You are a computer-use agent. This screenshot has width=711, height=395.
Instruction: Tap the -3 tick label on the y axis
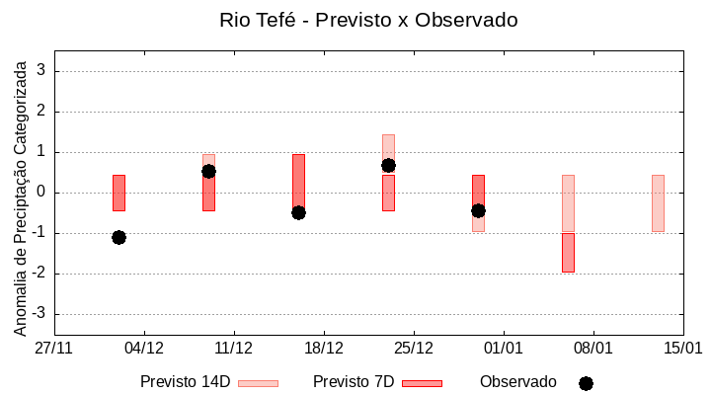[x=39, y=314]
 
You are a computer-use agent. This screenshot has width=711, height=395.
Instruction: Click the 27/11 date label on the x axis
[x=54, y=349]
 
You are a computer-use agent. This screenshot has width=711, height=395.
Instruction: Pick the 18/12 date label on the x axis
[x=324, y=349]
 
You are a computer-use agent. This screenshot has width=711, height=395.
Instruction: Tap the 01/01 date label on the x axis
[x=504, y=349]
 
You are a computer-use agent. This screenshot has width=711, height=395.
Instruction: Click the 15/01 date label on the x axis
[x=682, y=349]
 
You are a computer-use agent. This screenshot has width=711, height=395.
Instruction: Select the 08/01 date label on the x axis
[x=593, y=349]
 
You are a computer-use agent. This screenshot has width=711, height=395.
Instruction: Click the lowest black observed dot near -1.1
[x=118, y=237]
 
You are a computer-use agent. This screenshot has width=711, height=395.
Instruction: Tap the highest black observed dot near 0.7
[x=388, y=165]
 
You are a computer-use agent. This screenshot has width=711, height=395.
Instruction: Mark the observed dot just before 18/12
[x=298, y=212]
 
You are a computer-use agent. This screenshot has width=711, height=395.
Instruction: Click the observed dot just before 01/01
[x=478, y=210]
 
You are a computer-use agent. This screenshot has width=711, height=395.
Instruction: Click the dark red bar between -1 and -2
[x=568, y=253]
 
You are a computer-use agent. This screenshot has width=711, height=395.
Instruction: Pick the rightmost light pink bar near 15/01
[x=658, y=202]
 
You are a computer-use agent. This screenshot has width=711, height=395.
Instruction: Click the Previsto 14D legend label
[x=186, y=382]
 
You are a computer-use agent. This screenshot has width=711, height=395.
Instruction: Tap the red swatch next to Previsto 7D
[x=423, y=383]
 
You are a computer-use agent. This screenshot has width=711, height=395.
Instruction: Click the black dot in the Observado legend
[x=586, y=383]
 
